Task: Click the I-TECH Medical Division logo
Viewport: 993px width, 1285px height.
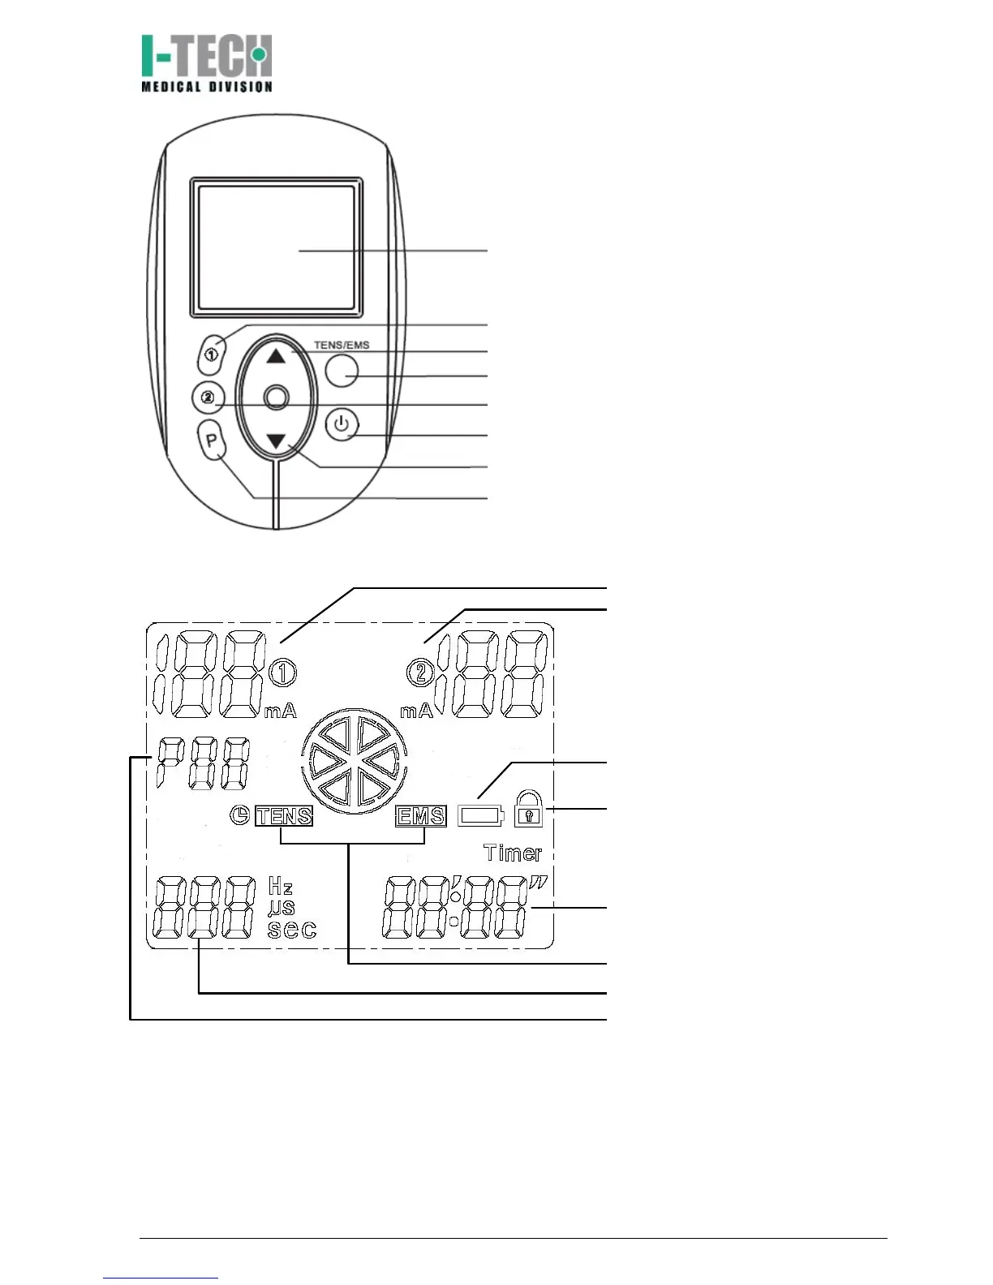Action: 207,63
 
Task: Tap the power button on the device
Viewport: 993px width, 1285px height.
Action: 343,425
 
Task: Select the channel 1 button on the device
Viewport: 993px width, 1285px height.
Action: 212,355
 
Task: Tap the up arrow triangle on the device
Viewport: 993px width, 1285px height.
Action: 277,355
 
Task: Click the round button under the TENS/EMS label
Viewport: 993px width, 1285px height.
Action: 342,370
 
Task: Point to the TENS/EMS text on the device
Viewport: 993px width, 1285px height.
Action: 342,345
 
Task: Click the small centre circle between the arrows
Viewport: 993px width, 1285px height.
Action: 277,397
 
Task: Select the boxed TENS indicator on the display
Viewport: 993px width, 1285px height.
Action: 284,816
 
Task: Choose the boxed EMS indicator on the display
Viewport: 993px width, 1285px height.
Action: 421,816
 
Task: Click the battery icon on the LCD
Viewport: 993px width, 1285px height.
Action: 481,815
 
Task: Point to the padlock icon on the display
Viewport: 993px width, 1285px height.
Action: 528,810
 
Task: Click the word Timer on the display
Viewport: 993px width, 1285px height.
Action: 513,853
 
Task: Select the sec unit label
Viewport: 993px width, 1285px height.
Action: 292,930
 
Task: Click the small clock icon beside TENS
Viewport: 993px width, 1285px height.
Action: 240,815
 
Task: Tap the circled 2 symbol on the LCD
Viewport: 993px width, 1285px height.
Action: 420,672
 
